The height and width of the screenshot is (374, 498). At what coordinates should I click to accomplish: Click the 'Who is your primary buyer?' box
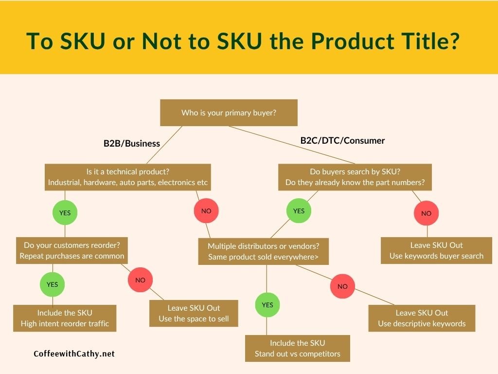coord(229,112)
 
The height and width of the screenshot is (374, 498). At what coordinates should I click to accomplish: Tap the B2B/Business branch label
coord(132,144)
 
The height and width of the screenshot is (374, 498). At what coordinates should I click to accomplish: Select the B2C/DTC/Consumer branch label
coord(342,141)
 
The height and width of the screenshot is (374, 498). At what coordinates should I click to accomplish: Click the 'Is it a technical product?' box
coord(128,177)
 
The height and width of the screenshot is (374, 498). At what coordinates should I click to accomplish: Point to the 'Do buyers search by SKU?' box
coord(355,177)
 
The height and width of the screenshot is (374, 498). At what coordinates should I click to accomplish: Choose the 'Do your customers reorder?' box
coord(72,250)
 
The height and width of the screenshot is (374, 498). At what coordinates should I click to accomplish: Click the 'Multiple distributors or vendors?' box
coord(263,251)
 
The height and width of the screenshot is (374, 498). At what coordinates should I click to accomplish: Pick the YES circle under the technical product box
coord(65,212)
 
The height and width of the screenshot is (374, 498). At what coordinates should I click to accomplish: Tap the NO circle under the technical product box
coord(206,211)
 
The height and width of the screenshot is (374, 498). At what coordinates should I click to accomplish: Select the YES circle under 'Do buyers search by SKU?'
coord(299,211)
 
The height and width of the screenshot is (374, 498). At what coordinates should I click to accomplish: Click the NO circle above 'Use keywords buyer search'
coord(426,213)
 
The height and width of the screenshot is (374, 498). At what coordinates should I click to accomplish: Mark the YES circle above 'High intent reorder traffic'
coord(53,284)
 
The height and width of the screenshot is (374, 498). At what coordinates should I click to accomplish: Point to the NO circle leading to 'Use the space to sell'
coord(140,280)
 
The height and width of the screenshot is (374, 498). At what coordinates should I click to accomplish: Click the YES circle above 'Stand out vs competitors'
coord(267,305)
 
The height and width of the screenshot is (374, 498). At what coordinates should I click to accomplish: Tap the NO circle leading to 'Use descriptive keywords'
coord(342,286)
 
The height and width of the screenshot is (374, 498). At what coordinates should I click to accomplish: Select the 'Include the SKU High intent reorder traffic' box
coord(65,318)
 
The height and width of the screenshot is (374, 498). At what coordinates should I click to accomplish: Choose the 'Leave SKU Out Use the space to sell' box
coord(194,313)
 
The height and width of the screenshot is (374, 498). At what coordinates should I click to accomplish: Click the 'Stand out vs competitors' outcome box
coord(298,348)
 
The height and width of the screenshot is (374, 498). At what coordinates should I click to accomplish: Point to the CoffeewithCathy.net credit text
coord(74,354)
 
